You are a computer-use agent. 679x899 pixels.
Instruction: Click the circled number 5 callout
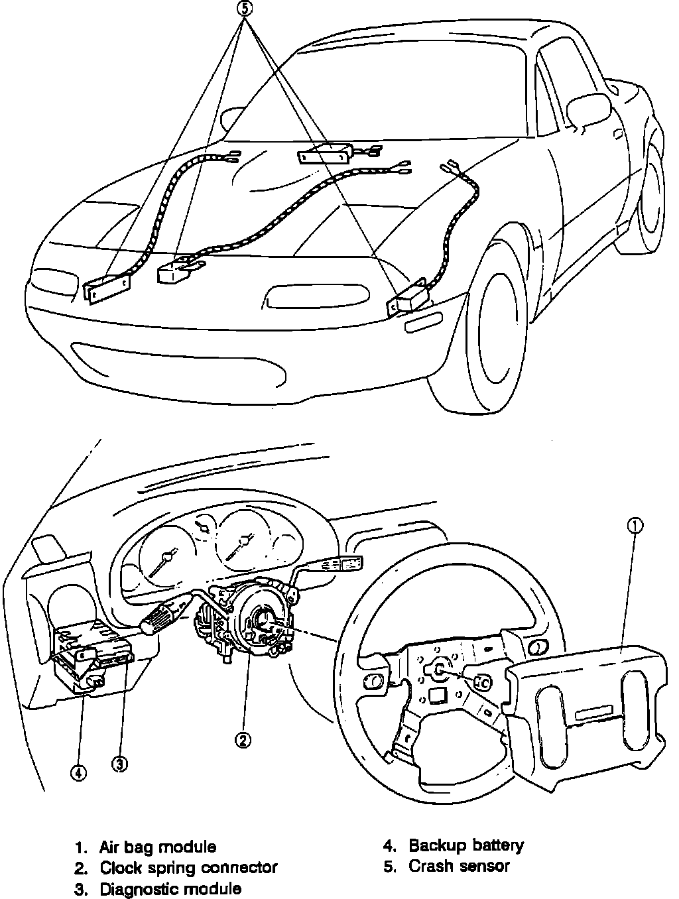246,10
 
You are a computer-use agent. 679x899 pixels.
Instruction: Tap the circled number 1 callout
635,526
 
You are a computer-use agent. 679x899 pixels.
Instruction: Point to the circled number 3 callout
119,764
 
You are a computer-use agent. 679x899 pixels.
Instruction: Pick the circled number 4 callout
78,772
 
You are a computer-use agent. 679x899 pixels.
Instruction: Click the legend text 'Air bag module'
158,847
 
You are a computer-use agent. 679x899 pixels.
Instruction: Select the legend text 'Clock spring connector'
188,867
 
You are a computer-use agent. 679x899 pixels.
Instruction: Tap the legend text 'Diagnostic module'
170,888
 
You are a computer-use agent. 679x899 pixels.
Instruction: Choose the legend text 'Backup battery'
466,845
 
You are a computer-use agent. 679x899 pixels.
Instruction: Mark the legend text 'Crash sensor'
459,866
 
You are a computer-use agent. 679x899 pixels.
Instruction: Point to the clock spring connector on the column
259,617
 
